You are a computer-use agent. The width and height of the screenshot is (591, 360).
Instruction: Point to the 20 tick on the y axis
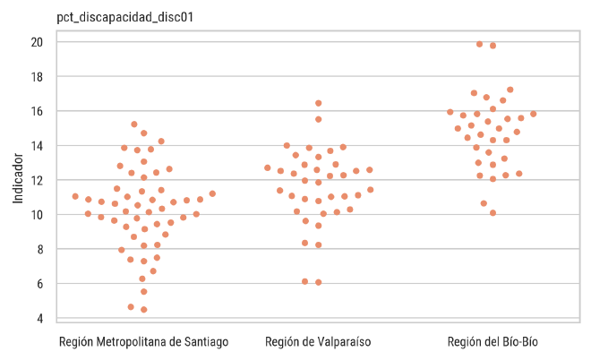38,42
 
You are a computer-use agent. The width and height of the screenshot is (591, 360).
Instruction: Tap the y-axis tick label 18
38,77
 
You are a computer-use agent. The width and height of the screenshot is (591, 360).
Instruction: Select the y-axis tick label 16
38,111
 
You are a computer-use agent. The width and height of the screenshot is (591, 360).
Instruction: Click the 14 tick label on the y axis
38,146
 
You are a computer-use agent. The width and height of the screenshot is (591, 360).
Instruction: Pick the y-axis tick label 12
38,180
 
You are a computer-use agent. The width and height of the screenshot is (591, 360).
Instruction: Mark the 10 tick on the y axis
38,215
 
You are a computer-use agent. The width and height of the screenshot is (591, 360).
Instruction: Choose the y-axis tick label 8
41,249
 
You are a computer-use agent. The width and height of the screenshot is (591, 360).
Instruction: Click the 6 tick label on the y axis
41,284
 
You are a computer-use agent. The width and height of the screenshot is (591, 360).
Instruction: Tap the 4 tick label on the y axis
41,318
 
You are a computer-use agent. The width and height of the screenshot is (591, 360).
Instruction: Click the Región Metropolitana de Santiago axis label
143,342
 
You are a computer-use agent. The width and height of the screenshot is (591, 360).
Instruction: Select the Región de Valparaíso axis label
318,342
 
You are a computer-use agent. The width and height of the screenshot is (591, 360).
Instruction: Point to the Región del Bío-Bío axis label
492,342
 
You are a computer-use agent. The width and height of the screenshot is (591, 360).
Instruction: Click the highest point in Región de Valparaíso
319,103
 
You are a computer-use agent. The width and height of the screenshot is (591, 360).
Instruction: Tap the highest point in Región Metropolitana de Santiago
134,124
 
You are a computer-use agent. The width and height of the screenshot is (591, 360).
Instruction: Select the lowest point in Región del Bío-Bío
492,213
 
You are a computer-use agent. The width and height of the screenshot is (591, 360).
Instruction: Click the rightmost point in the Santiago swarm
212,193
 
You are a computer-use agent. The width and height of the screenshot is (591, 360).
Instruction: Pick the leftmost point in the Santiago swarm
75,196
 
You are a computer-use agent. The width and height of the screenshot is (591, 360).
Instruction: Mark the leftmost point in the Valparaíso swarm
268,167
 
